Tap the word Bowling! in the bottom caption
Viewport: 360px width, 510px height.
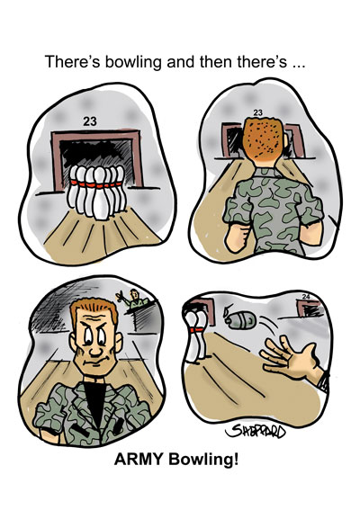pyautogui.click(x=203, y=460)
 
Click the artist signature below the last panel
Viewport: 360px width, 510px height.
pyautogui.click(x=256, y=432)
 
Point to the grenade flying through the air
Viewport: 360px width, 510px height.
pyautogui.click(x=240, y=318)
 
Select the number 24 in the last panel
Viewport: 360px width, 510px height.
pyautogui.click(x=306, y=296)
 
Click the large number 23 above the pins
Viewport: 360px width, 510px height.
pyautogui.click(x=89, y=121)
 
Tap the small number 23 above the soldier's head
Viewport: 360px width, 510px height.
pyautogui.click(x=257, y=112)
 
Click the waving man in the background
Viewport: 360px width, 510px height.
pyautogui.click(x=132, y=299)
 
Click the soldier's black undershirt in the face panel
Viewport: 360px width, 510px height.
pyautogui.click(x=94, y=402)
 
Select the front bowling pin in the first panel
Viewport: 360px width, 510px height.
pyautogui.click(x=101, y=193)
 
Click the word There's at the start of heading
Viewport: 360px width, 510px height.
pyautogui.click(x=72, y=61)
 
